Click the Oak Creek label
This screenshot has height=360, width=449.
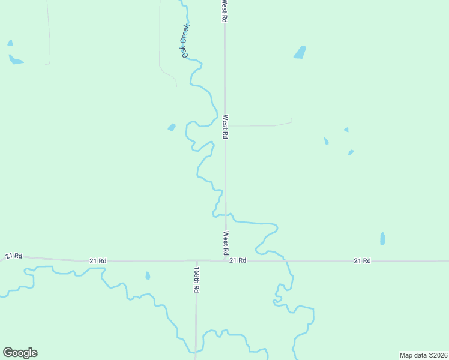click(186, 41)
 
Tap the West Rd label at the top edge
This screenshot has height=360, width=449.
click(224, 11)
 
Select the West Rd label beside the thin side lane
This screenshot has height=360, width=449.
click(225, 127)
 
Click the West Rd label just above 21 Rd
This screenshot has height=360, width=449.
click(226, 242)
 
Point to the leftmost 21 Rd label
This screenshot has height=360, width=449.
click(14, 256)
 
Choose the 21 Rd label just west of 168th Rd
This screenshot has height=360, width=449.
click(98, 261)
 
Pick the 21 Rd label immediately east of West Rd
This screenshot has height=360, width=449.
click(238, 260)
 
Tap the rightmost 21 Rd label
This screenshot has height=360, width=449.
click(362, 260)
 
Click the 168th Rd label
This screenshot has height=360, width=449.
click(196, 280)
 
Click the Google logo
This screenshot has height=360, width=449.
click(20, 353)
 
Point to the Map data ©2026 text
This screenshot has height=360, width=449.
click(423, 355)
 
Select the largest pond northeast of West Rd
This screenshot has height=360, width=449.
click(300, 53)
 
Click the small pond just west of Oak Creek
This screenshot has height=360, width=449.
click(172, 127)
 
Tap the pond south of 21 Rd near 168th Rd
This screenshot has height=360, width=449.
click(148, 276)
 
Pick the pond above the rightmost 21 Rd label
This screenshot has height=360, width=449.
click(382, 239)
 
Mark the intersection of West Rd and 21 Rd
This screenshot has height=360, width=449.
click(226, 260)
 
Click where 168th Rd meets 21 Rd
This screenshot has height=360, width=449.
click(196, 261)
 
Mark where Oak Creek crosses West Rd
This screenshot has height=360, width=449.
click(226, 214)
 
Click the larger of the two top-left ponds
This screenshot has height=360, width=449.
click(16, 60)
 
